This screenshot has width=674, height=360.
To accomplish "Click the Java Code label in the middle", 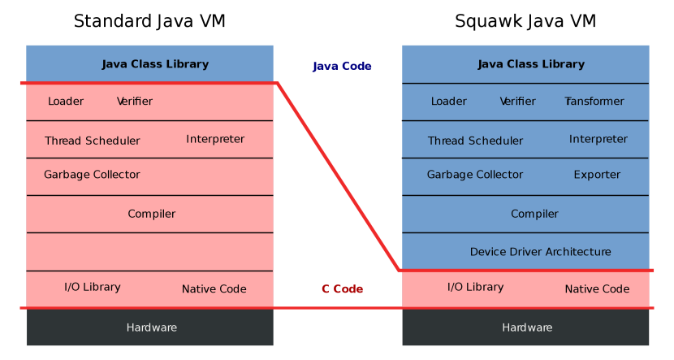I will [342, 67].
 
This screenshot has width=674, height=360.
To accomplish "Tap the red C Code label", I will [342, 289].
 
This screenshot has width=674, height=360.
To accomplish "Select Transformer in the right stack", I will [594, 102].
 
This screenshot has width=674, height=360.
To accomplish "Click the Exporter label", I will [597, 175].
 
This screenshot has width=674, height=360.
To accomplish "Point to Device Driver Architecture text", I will [540, 252].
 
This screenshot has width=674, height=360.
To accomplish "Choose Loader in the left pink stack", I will [66, 102].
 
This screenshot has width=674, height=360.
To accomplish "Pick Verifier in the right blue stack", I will [518, 102].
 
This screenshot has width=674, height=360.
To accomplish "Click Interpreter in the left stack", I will [215, 139].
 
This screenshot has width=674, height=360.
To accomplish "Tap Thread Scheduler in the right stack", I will [475, 141].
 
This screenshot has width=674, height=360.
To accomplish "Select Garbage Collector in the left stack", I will [92, 175].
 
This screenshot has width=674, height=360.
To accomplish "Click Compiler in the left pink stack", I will [151, 214].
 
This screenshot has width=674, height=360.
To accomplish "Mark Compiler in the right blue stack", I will [534, 214].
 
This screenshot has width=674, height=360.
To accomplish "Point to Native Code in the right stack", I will [597, 289].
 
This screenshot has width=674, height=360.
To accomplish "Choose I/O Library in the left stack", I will [93, 287].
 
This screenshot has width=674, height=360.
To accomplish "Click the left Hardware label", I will [151, 327].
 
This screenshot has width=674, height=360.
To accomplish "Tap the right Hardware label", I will [527, 327].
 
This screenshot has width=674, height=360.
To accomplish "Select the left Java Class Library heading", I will [155, 64].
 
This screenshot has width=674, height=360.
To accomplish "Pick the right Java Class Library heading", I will [531, 64].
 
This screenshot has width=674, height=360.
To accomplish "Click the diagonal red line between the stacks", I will [338, 176].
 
